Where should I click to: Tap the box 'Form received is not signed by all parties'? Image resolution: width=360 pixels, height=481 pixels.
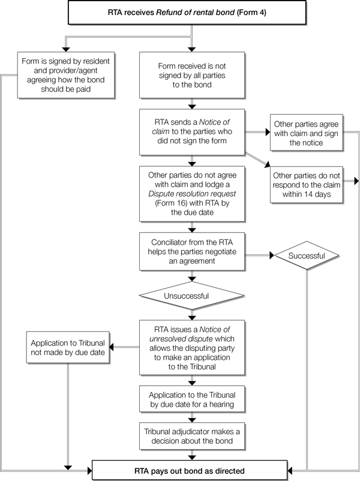tap(190, 76)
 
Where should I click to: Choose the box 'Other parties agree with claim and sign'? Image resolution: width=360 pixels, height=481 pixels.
tap(307, 133)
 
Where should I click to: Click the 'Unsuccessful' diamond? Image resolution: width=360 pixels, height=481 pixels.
tap(190, 296)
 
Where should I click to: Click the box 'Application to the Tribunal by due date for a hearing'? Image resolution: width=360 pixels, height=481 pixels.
tap(190, 401)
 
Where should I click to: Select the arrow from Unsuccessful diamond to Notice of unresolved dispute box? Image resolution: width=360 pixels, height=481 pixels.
tap(190, 314)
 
